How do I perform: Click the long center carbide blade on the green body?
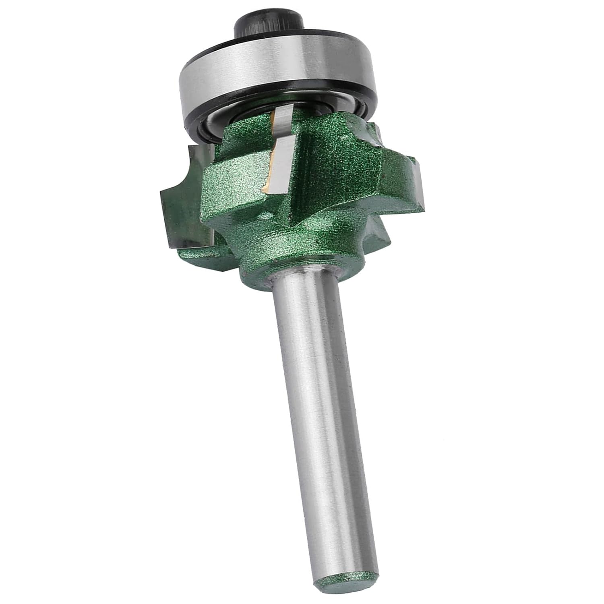pyautogui.click(x=282, y=165)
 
